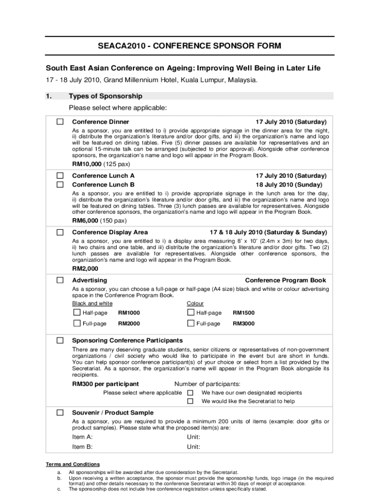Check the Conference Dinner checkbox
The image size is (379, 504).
coord(60,122)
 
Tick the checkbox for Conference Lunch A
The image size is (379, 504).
coord(60,175)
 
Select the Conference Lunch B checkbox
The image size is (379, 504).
coord(60,185)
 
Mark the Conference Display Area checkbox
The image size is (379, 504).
coord(60,232)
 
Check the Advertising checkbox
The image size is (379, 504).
coord(60,280)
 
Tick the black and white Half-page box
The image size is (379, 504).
coord(77,313)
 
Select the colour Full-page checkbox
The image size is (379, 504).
coord(190,323)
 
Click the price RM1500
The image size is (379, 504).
coord(244,313)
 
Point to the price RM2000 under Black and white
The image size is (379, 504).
coord(129,324)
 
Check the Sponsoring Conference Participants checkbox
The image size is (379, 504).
coord(60,340)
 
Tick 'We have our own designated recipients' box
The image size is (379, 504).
coord(190,393)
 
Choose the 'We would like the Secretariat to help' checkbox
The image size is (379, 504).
coord(190,401)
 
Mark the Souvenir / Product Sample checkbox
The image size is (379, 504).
coord(60,412)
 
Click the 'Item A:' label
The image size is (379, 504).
coord(82,437)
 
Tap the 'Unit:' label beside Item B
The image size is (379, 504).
coord(193,447)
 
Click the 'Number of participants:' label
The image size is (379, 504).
coord(207,384)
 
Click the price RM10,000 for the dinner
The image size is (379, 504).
coord(87,164)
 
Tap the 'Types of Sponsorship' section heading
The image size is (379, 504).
coord(106,96)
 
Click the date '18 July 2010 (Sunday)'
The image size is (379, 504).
coord(290,185)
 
